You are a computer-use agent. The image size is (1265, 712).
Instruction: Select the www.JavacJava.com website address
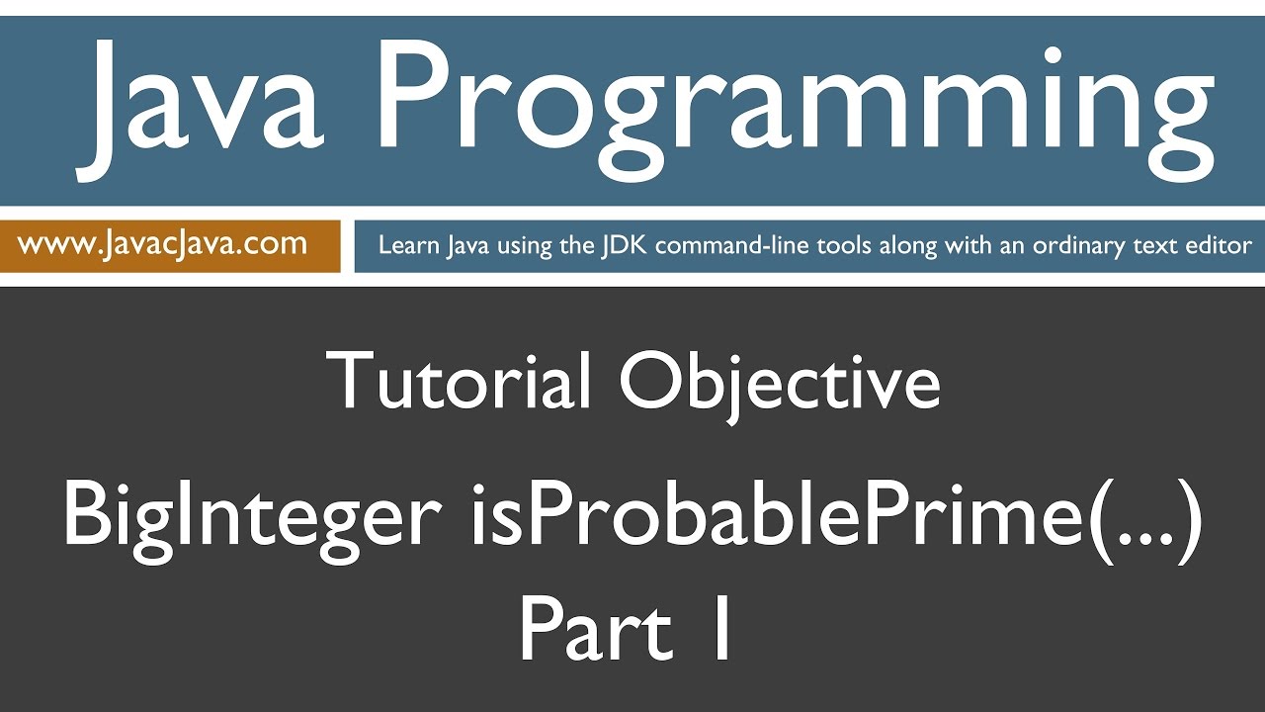tap(162, 243)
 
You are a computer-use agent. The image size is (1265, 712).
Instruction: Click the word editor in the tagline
tap(1219, 245)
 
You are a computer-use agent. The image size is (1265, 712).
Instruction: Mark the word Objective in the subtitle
tap(779, 383)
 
